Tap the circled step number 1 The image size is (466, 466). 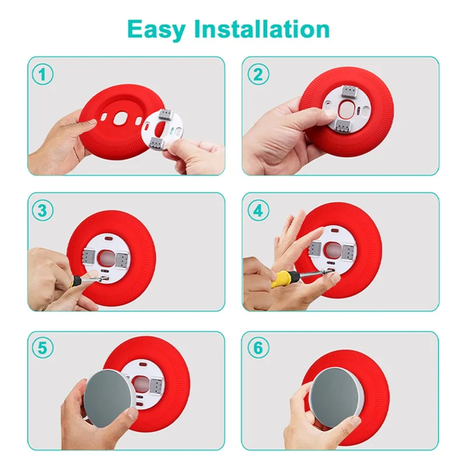point(43,74)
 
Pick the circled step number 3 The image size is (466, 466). point(43,210)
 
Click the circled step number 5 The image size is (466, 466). point(43,348)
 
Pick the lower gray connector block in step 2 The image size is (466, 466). point(342,125)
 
